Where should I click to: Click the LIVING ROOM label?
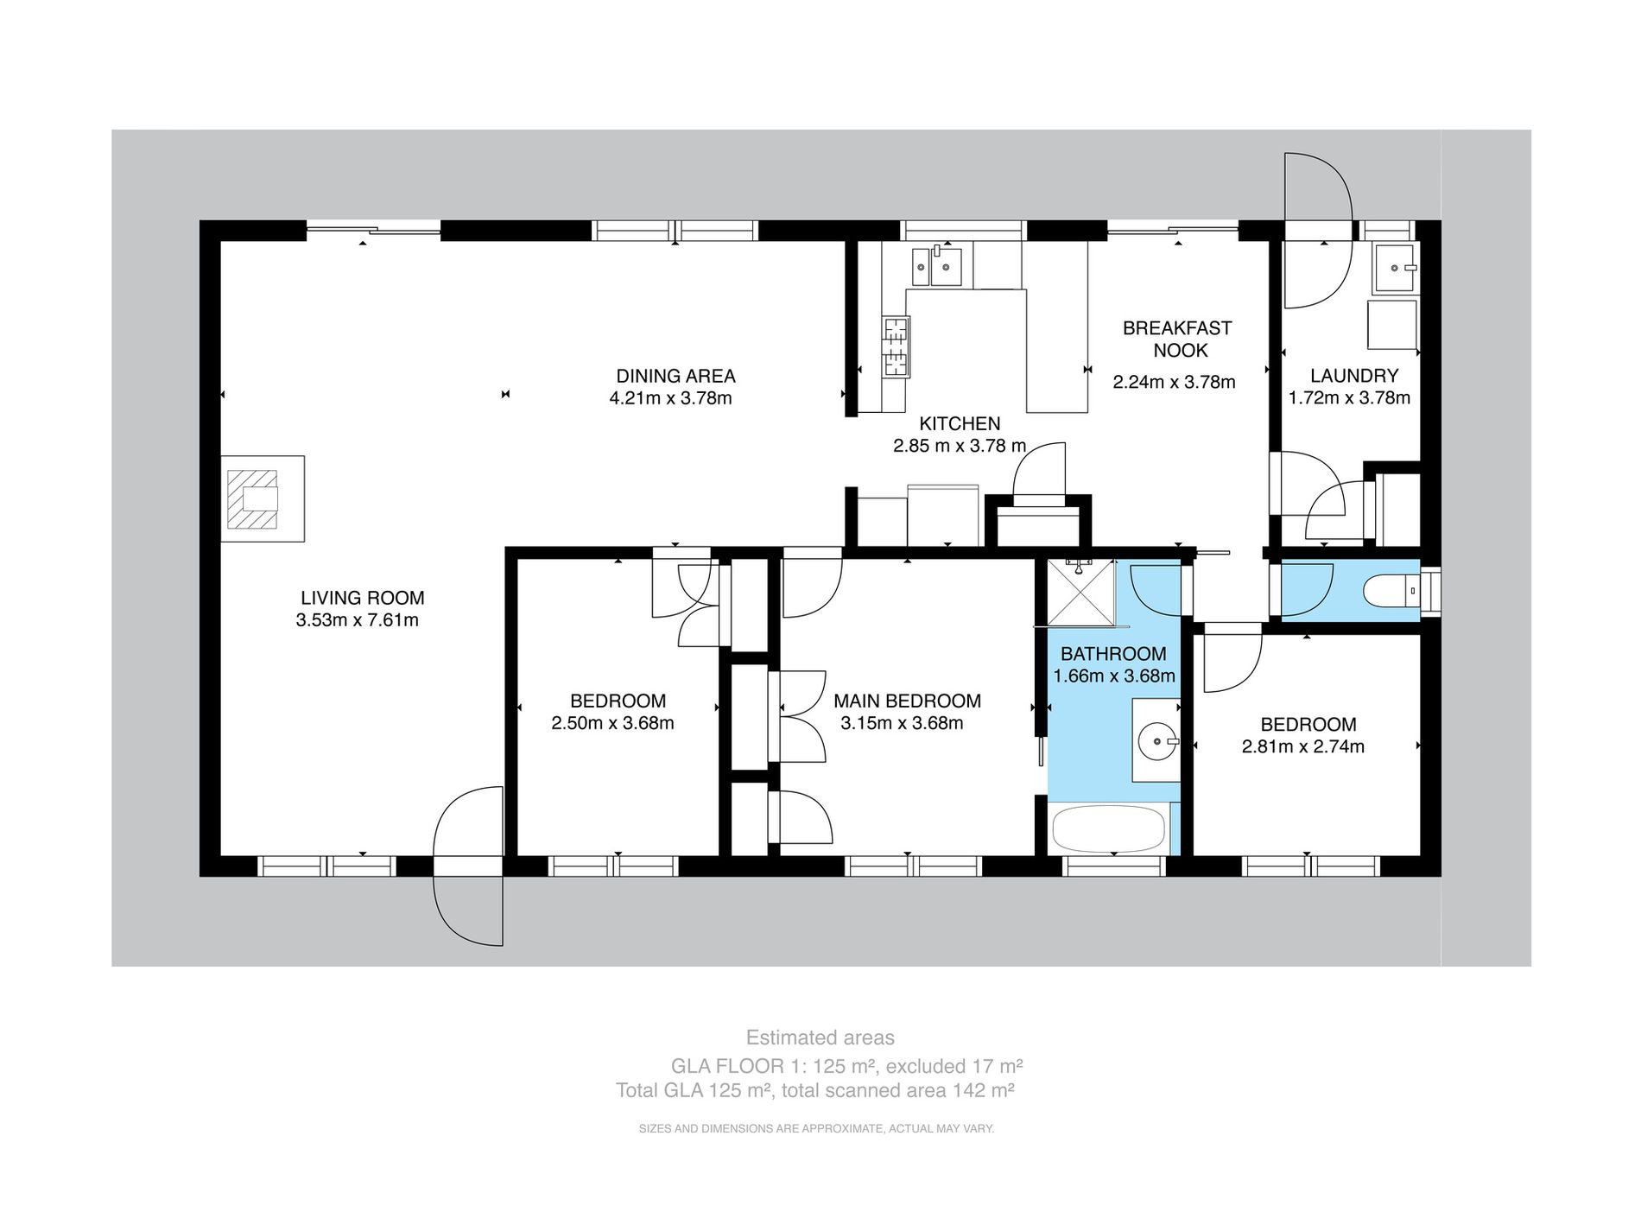pyautogui.click(x=362, y=597)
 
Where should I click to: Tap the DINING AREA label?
pyautogui.click(x=675, y=376)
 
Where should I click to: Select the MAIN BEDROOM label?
pyautogui.click(x=907, y=701)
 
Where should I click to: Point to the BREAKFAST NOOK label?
pyautogui.click(x=1176, y=339)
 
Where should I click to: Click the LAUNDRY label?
pyautogui.click(x=1353, y=376)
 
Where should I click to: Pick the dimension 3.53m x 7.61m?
pyautogui.click(x=357, y=619)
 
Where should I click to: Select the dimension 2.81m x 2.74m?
pyautogui.click(x=1302, y=746)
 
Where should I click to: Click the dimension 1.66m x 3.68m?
pyautogui.click(x=1114, y=676)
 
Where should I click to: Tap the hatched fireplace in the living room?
pyautogui.click(x=253, y=498)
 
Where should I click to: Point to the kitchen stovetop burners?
pyautogui.click(x=896, y=346)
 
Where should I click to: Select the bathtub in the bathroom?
pyautogui.click(x=1108, y=828)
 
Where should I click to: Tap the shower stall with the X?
pyautogui.click(x=1080, y=593)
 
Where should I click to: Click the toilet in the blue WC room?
pyautogui.click(x=1391, y=592)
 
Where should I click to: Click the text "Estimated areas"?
pyautogui.click(x=820, y=1037)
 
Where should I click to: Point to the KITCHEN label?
pyautogui.click(x=960, y=423)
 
